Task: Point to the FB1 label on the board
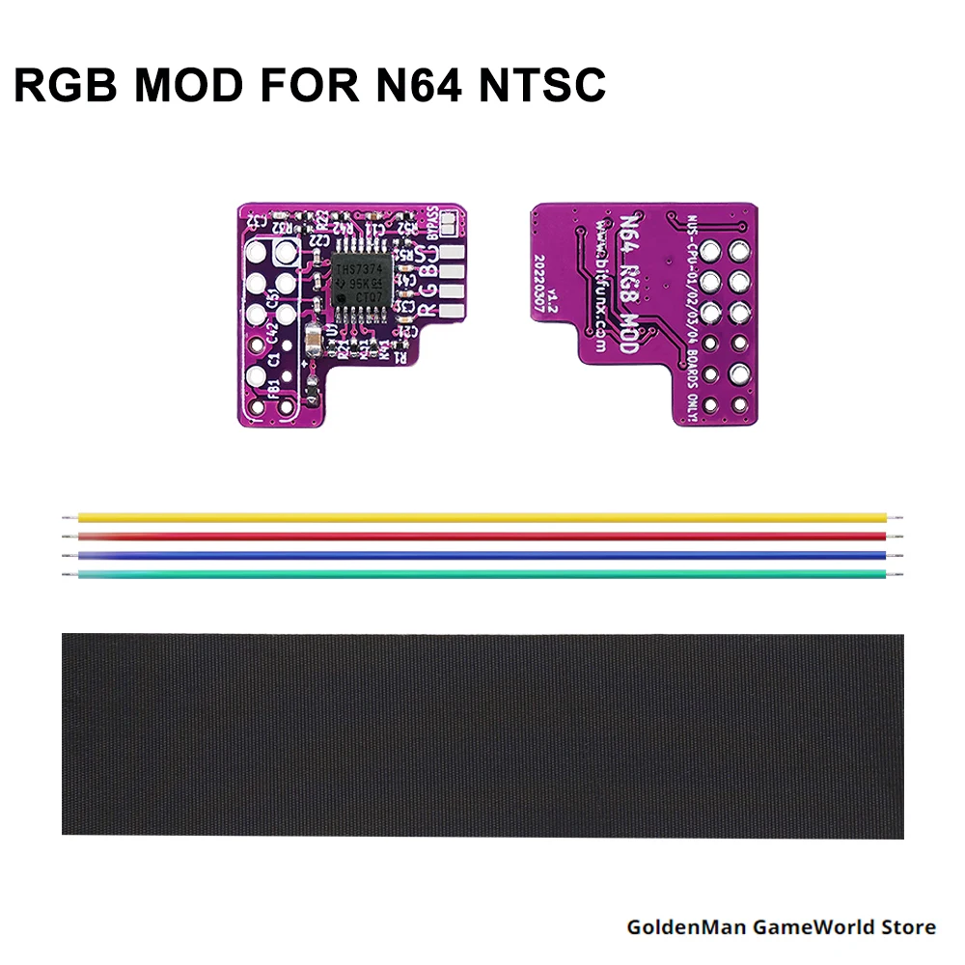274,390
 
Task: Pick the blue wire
482,556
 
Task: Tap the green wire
482,575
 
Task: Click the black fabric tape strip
482,735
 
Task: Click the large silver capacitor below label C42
316,340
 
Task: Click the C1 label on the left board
274,361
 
